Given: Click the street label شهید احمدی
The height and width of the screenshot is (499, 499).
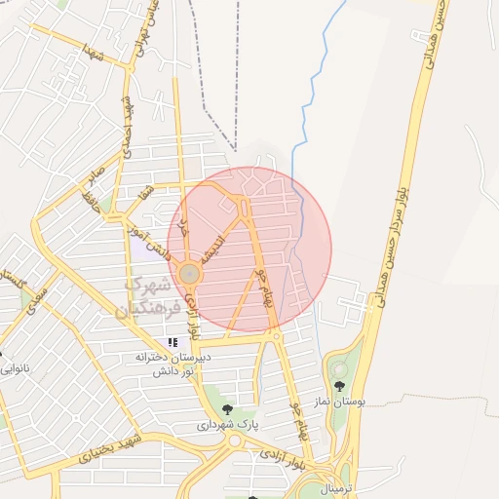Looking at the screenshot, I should pyautogui.click(x=127, y=128).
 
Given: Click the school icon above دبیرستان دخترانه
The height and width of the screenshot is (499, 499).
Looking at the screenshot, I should pyautogui.click(x=173, y=342).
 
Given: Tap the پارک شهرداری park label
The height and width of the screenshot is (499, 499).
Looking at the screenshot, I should pyautogui.click(x=228, y=425).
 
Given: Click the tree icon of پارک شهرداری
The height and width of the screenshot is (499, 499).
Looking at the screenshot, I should pyautogui.click(x=227, y=409).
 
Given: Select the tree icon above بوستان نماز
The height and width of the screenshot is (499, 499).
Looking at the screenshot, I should pyautogui.click(x=339, y=387).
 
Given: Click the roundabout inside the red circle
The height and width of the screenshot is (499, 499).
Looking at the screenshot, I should pyautogui.click(x=189, y=276).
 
